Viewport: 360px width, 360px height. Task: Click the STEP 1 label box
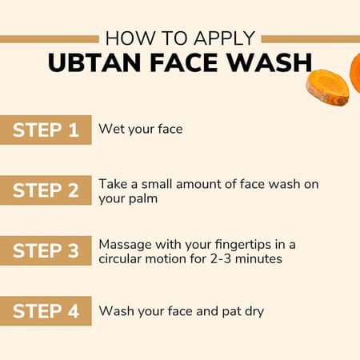(x=46, y=130)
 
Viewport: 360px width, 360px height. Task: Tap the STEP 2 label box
(x=46, y=190)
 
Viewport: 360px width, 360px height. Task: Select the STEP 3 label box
(x=46, y=250)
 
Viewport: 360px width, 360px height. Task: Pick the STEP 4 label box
(x=46, y=311)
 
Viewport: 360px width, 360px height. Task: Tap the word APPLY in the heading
(x=226, y=38)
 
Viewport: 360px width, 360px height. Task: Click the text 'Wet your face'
(x=141, y=129)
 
